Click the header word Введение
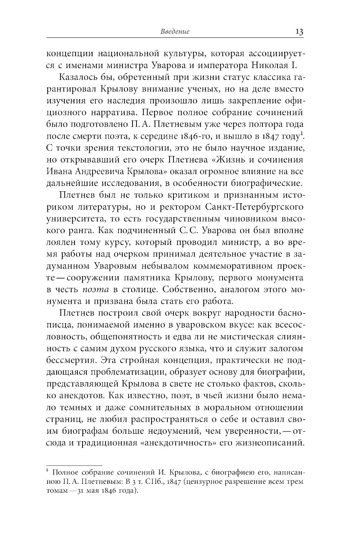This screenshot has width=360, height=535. [175, 32]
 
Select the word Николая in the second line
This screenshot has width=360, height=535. [281, 66]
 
